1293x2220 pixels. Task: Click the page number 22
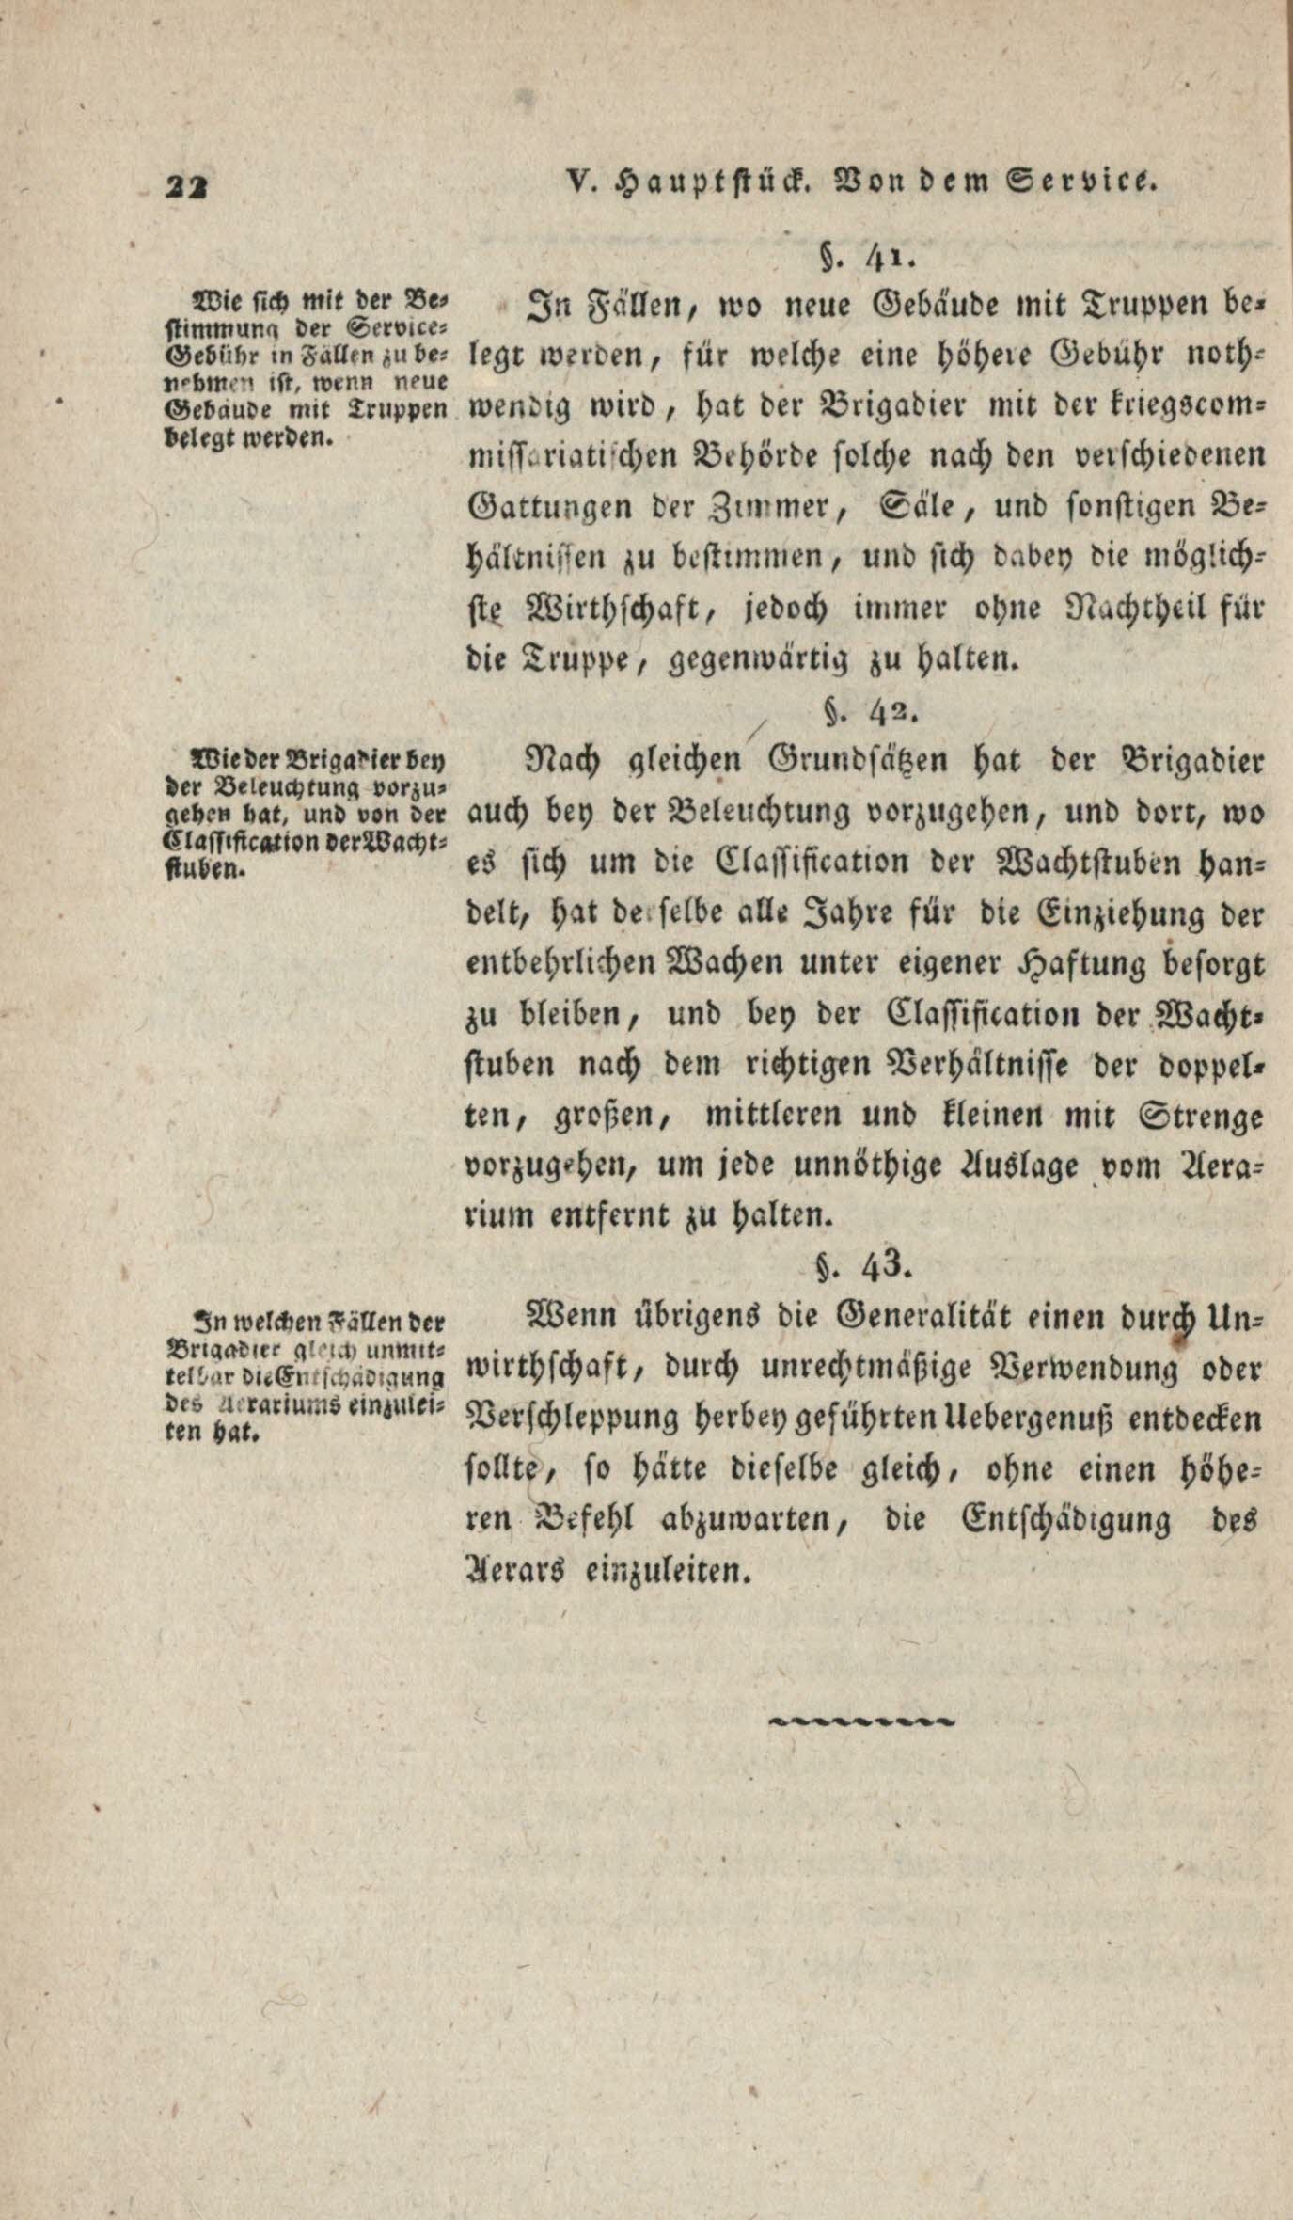191,185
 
